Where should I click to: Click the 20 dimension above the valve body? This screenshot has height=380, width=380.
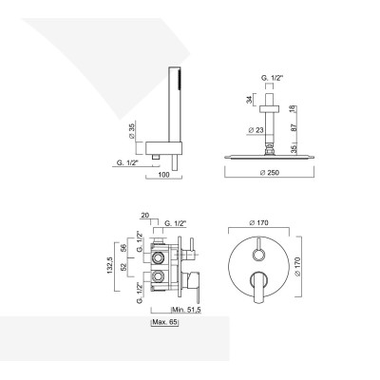click(144, 216)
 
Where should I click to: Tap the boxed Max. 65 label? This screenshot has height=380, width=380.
click(166, 323)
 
